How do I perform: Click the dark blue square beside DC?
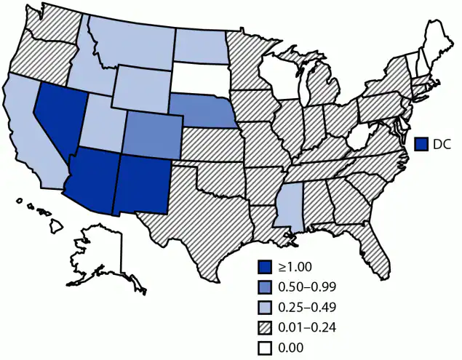tap(421, 144)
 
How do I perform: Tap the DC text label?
tap(442, 144)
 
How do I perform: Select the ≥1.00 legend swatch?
tap(267, 267)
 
